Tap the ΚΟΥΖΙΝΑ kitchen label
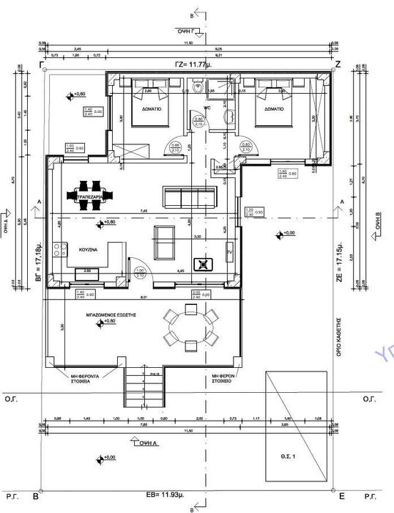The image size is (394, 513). [79, 249]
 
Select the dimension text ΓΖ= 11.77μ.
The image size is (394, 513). [190, 64]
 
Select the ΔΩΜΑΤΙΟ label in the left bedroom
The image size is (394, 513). [153, 110]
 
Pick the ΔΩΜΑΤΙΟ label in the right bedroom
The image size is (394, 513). [271, 110]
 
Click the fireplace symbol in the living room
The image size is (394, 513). [201, 265]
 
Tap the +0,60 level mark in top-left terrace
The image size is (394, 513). [78, 95]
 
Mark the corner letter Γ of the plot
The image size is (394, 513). [42, 64]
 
